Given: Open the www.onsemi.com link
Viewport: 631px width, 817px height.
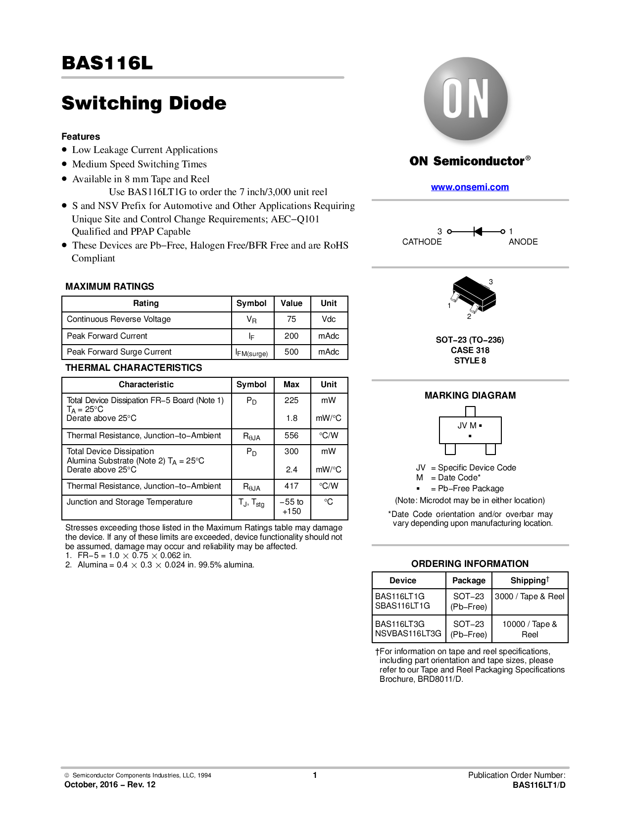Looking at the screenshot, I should pos(470,187).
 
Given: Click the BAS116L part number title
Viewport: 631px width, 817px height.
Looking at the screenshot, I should pos(107,63).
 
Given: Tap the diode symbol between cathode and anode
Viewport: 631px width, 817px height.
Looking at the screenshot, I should pos(477,231).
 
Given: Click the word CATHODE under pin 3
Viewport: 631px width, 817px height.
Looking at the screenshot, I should pos(422,242).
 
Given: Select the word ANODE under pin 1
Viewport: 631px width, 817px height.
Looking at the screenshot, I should pos(523,242).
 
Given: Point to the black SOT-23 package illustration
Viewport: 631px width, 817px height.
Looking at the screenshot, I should pos(474,295).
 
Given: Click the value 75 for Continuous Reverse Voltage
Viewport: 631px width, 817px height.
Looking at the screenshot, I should pos(291,319).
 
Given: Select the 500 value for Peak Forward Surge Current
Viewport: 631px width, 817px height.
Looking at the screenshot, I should pos(291,352).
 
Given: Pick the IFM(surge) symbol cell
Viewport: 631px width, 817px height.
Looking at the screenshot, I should pos(251,353).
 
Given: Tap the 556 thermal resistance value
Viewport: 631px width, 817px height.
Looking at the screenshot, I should pos(291,435).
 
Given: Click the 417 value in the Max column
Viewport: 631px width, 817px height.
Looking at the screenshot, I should pos(291,486).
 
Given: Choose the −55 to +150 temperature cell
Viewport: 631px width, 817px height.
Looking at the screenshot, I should pos(291,507).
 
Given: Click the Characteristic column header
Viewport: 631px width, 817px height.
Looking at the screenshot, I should pos(146,384).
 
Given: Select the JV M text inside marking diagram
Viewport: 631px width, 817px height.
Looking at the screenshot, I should pos(467,425).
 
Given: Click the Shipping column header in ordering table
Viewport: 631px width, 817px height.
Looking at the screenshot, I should pos(530,580).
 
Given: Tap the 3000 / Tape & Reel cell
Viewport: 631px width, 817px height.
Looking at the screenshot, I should pos(530,596).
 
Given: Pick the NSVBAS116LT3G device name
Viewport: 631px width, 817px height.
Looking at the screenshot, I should pos(408,633).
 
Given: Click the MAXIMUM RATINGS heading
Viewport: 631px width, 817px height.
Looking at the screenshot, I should pos(109,286).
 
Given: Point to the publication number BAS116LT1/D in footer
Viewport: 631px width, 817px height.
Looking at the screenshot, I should pos(539,785).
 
